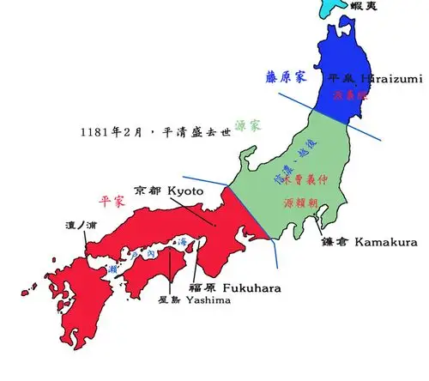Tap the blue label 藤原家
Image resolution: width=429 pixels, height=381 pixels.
tap(286, 76)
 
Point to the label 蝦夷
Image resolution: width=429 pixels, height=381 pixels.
tap(364, 6)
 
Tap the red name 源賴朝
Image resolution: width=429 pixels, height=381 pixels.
tap(304, 203)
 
